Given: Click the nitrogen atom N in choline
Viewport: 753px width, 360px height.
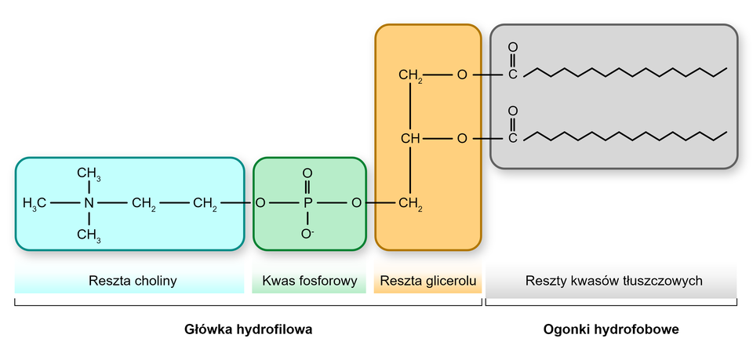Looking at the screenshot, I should coord(89,204).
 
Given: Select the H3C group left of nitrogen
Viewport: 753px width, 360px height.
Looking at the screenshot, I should coord(35,204).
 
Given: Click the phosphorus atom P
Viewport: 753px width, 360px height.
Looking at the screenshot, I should coord(307,204).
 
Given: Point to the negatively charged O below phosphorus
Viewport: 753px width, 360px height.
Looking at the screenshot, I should coord(307,234).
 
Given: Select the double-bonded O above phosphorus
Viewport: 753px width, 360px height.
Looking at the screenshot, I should coord(307,173).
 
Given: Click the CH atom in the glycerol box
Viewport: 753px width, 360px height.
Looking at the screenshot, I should coord(410,139).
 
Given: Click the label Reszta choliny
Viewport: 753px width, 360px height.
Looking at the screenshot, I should coord(133,281).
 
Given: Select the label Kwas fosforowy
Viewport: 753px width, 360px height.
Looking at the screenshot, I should coord(310,281).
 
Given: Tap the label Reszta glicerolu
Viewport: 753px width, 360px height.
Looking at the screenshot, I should coord(427,281).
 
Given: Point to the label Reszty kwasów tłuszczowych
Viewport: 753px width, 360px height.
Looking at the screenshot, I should coord(613,281).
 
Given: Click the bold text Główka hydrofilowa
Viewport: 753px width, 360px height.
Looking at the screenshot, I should coord(249,330).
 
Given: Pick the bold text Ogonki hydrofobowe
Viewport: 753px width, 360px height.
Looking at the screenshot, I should coord(611,330).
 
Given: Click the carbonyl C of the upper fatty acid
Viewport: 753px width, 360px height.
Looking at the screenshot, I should coord(512,75).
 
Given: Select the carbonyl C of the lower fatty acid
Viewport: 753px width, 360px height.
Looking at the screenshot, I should coord(512,139).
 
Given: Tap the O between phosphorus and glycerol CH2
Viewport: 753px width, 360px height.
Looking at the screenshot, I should coord(357,204).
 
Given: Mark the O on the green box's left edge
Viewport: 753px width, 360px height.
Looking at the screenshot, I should coord(260,204).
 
